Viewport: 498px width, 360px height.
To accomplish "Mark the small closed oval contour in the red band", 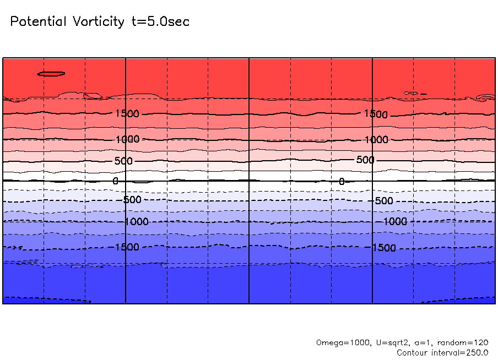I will [x=51, y=74].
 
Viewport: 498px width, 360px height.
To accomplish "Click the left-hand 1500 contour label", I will [x=127, y=114].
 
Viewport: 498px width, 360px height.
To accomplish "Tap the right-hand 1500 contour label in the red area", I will [x=376, y=114].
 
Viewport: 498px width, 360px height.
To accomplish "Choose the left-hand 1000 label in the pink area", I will [x=127, y=139].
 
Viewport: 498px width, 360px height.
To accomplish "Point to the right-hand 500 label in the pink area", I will [x=365, y=160].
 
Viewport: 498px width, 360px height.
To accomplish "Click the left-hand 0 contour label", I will [x=115, y=181].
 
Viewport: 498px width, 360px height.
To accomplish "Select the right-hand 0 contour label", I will [x=342, y=182].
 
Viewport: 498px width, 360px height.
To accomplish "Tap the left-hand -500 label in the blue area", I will [x=131, y=199].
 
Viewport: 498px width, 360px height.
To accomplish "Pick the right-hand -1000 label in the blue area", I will [x=394, y=221].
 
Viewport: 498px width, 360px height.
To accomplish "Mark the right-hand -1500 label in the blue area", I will [x=384, y=248].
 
